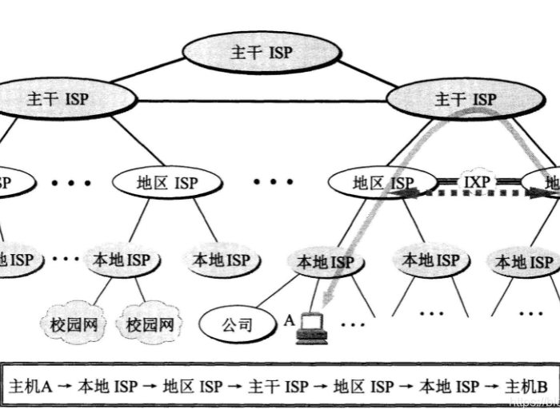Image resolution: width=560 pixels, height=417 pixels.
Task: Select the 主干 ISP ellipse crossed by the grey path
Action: click(465, 99)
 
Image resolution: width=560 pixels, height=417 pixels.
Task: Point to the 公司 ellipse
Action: click(236, 324)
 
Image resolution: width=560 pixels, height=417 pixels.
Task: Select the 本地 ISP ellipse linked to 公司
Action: click(325, 261)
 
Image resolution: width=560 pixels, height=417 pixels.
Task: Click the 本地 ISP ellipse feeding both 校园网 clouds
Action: click(122, 260)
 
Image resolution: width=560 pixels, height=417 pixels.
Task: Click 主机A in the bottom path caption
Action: click(30, 387)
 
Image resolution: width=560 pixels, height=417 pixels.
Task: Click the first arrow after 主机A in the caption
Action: click(65, 387)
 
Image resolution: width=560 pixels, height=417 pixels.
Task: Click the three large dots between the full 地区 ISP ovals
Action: click(274, 182)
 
